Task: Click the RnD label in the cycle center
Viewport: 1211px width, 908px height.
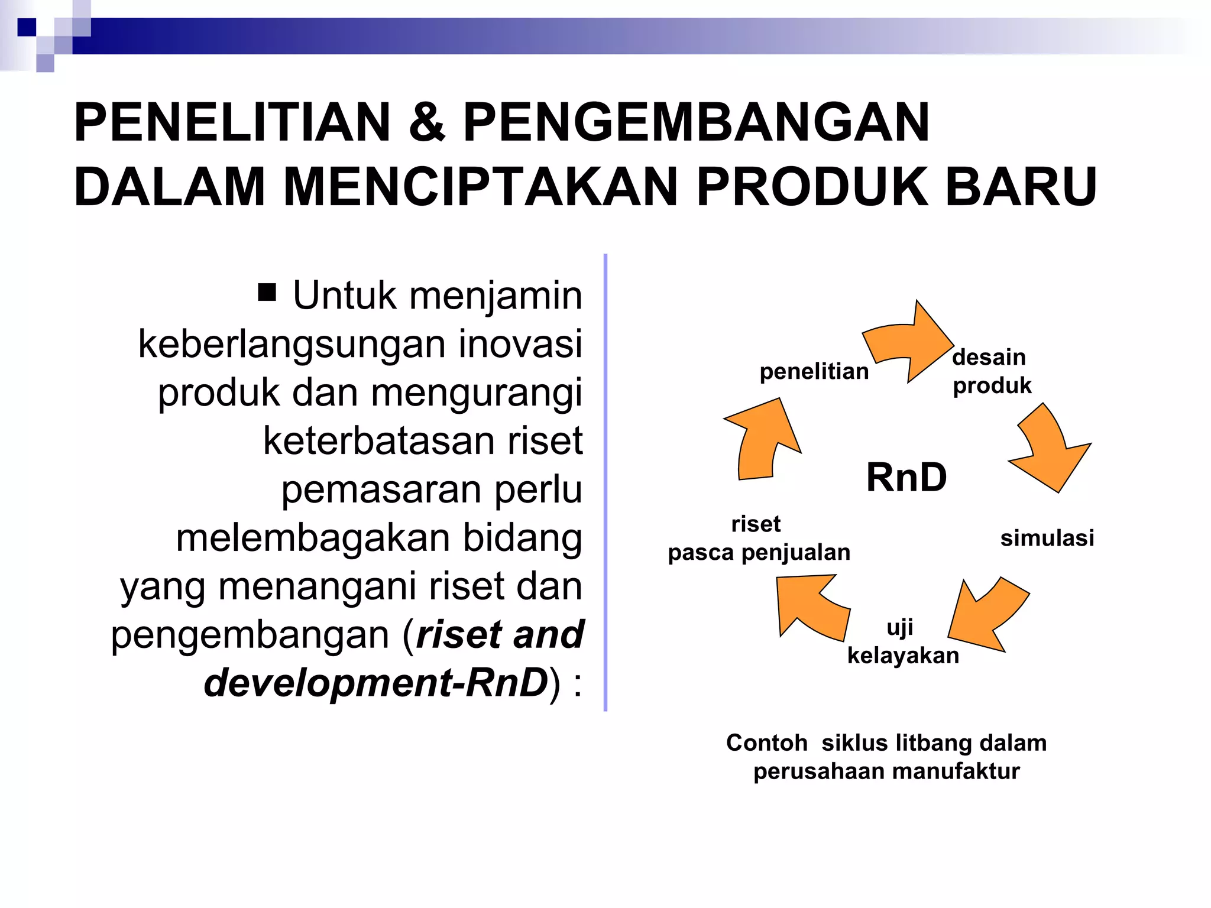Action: [x=906, y=477]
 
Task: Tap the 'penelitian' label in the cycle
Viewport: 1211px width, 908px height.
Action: [x=814, y=372]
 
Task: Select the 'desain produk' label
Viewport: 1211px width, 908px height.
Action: [x=992, y=371]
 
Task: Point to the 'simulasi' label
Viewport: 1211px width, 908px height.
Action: [x=1047, y=538]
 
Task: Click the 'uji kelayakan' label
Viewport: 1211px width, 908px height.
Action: [x=902, y=641]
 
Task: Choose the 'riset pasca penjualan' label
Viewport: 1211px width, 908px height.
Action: [x=759, y=538]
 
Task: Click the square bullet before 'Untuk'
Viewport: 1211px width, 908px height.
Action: [x=267, y=292]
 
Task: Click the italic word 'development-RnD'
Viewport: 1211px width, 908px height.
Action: [x=376, y=683]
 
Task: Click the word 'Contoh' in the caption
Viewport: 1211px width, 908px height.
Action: [x=766, y=743]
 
